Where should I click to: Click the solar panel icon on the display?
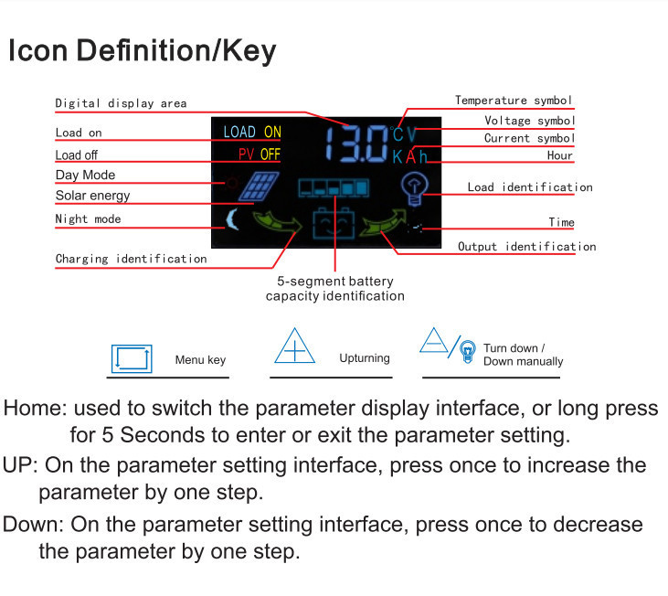[259, 186]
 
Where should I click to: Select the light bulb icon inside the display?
[414, 188]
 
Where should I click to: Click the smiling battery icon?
[334, 223]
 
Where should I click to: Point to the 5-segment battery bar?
[334, 187]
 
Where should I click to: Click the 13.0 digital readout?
[357, 144]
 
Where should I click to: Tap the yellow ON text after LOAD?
[272, 132]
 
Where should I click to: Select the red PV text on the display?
[246, 154]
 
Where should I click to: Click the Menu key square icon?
[132, 358]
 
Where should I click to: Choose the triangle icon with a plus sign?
[294, 346]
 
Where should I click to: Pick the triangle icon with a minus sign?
[433, 341]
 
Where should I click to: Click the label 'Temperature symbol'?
[514, 101]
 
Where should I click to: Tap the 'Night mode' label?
[89, 219]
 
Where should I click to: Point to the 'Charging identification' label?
[132, 259]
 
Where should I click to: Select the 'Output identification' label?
[527, 247]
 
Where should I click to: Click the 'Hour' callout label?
[560, 155]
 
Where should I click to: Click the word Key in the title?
[249, 51]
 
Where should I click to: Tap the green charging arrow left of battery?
[277, 222]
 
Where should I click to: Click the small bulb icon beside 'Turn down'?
[468, 352]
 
